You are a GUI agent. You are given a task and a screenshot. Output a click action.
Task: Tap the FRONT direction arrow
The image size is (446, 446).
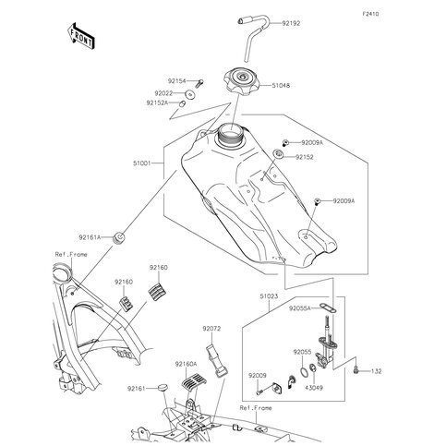coord(78,34)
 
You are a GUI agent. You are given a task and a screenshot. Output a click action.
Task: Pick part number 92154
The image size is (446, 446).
coord(178,81)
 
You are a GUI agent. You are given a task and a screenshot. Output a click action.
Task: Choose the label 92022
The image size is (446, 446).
coord(166,93)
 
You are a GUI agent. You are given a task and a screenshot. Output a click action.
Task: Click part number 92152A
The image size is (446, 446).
coord(158,103)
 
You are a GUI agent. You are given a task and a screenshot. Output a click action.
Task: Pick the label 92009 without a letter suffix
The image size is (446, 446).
coord(256,376)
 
